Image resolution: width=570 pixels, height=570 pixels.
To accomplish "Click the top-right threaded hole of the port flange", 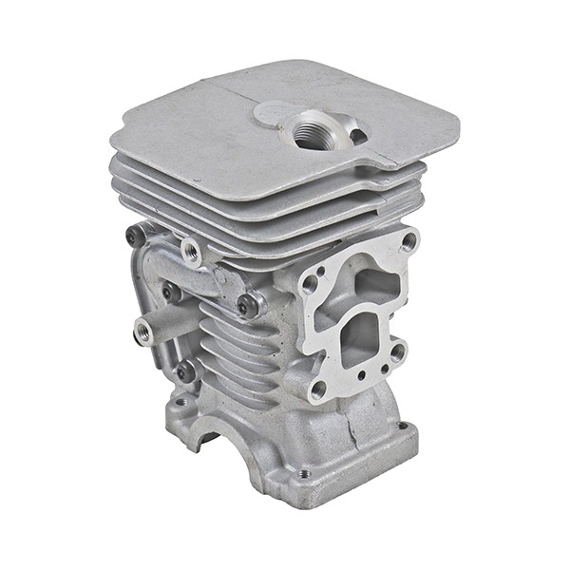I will [x=409, y=240].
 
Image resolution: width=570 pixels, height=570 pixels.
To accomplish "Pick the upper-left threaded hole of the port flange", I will [x=310, y=282].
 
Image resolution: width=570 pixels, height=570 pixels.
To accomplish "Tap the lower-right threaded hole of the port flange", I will [x=398, y=351].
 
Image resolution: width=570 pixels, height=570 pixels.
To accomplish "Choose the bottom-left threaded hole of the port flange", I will [x=317, y=389].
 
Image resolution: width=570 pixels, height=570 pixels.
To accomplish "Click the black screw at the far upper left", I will [x=136, y=235].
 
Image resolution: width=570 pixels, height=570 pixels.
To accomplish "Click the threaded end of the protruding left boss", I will [x=144, y=331].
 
